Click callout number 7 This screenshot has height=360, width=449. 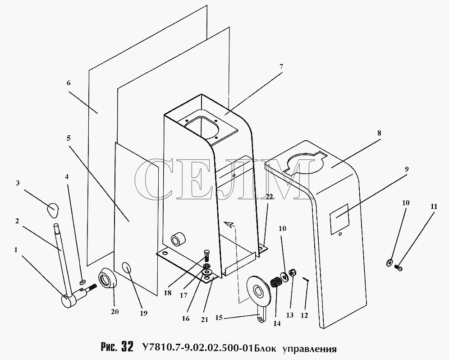coord(281,67)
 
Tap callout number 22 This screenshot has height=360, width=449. coord(269,196)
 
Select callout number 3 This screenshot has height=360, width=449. coord(18,183)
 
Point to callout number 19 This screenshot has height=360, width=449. coord(143,313)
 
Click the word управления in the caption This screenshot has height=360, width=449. coord(309,349)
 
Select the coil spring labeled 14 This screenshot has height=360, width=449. coord(276,282)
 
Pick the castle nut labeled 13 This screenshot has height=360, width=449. coord(292,272)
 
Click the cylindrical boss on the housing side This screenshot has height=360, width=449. coord(178,240)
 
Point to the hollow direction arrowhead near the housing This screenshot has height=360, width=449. coord(229,223)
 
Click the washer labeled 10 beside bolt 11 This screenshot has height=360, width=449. coord(389,262)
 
